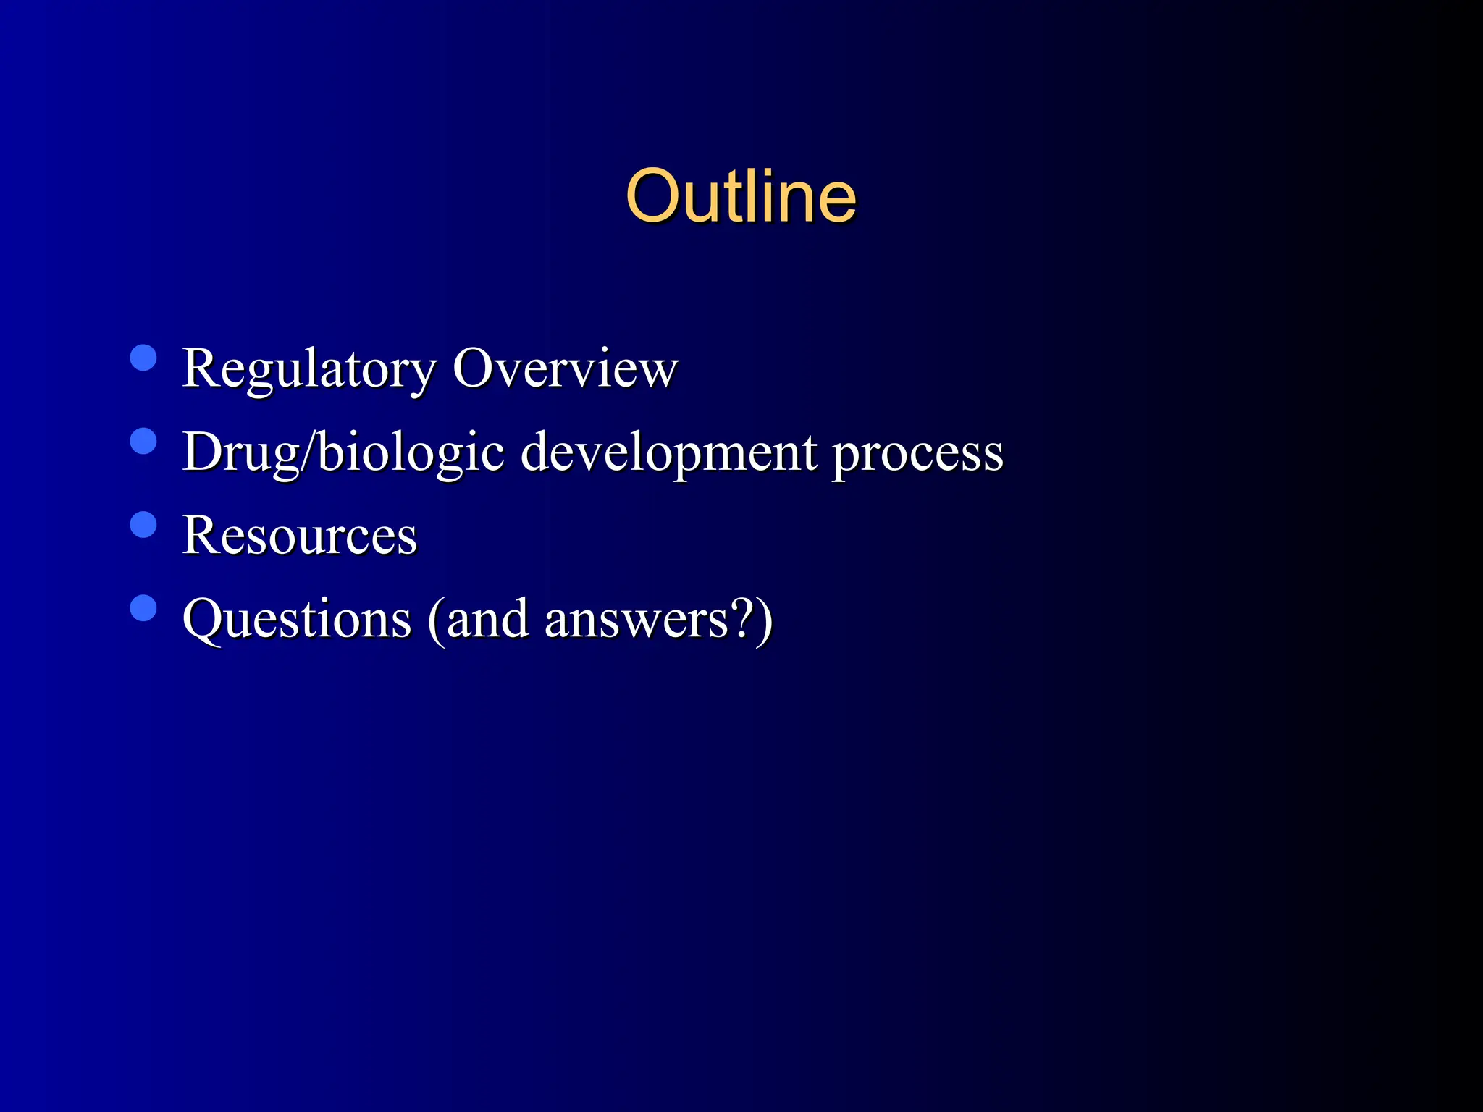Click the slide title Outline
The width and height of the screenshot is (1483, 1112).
click(741, 196)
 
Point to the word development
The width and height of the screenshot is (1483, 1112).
click(668, 452)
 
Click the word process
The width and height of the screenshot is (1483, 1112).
click(917, 452)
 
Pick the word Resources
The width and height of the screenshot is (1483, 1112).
click(300, 535)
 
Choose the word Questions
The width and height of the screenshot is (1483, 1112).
click(297, 619)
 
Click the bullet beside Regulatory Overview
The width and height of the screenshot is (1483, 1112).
click(144, 358)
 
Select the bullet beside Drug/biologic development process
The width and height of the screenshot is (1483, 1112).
click(144, 441)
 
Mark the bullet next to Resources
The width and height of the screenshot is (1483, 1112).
click(144, 524)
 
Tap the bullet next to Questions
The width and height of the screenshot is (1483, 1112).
click(144, 608)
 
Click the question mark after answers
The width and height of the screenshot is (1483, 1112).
click(741, 618)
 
